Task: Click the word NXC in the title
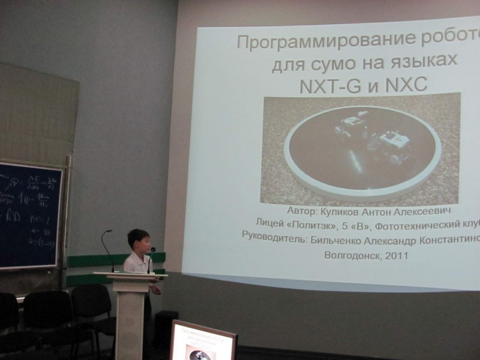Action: [x=407, y=85]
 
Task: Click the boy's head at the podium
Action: [x=139, y=241]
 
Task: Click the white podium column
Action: [x=130, y=318]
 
